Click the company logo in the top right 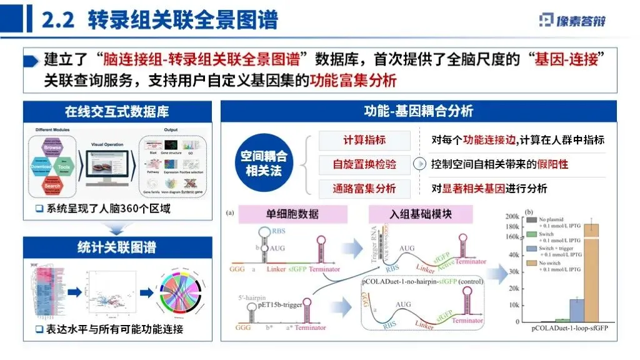point(571,20)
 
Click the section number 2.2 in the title point(58,20)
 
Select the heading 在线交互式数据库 point(117,112)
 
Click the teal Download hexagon point(41,167)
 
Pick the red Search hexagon point(53,185)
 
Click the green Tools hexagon point(65,167)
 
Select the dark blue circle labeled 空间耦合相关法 point(264,164)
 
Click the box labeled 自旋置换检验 point(364,164)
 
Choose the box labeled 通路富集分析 point(364,188)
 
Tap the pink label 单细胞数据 point(293,214)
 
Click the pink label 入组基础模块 point(420,214)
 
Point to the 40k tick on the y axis point(514,255)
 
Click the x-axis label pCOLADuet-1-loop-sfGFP point(570,327)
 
